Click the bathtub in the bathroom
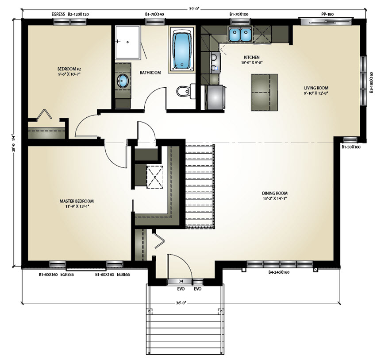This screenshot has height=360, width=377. click(x=181, y=50)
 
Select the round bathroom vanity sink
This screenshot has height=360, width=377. click(x=123, y=81)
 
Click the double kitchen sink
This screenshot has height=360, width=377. click(x=240, y=35)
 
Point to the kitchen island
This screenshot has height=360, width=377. click(x=264, y=93)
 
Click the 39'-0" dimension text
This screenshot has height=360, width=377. click(x=194, y=9)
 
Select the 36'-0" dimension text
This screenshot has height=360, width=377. click(x=181, y=303)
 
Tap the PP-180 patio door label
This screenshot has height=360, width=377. click(x=327, y=14)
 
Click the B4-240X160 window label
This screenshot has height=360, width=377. click(x=279, y=272)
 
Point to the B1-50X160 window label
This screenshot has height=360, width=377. click(x=351, y=147)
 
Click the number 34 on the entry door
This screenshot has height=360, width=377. click(x=181, y=281)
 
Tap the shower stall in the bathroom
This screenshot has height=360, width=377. click(x=128, y=43)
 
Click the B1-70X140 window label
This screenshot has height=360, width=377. click(x=154, y=14)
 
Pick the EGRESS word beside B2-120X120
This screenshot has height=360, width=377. click(x=58, y=14)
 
